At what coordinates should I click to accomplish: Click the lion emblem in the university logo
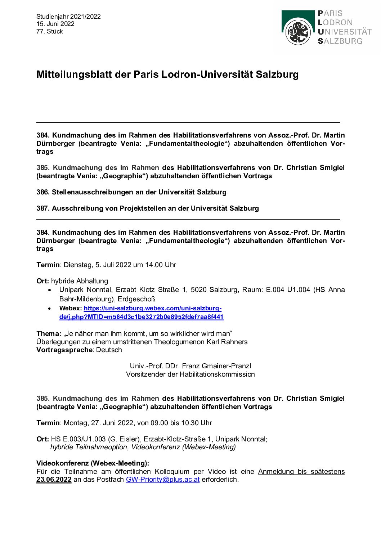click(298, 32)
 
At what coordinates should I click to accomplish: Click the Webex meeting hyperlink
click(152, 309)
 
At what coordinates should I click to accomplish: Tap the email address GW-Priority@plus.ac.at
click(162, 480)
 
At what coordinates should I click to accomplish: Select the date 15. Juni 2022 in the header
click(55, 24)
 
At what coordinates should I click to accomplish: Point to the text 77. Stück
click(50, 31)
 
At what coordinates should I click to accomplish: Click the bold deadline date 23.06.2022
click(54, 480)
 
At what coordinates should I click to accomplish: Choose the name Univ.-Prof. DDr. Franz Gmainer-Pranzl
click(190, 366)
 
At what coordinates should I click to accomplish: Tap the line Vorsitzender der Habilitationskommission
click(190, 374)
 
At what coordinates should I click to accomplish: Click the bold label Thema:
click(49, 333)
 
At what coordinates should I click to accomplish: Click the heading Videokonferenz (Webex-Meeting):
click(93, 463)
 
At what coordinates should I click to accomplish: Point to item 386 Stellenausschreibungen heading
click(131, 192)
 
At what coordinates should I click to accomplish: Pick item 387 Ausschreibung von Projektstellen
click(148, 208)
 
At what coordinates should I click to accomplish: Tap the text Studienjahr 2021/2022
click(68, 17)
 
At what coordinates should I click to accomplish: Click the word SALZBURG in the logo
click(340, 41)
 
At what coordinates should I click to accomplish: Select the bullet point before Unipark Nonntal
click(50, 290)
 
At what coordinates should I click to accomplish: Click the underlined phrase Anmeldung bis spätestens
click(301, 471)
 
